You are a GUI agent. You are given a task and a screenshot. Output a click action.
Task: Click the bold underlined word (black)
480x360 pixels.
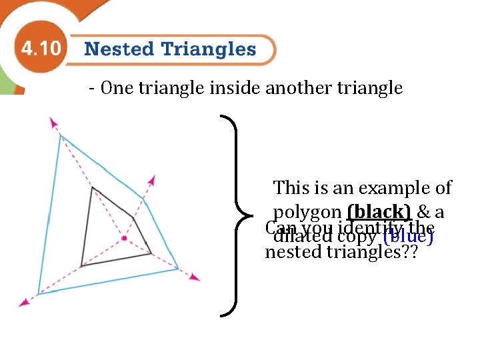pyautogui.click(x=379, y=212)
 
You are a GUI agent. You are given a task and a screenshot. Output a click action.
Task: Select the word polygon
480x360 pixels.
pyautogui.click(x=307, y=213)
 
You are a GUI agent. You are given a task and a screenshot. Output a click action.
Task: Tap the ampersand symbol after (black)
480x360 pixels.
pyautogui.click(x=423, y=212)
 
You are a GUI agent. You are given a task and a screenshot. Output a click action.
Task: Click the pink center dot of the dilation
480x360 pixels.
pyautogui.click(x=124, y=238)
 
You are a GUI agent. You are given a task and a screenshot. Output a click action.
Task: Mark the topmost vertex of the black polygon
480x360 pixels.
pyautogui.click(x=92, y=188)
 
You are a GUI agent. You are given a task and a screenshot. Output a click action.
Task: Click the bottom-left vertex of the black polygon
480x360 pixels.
pyautogui.click(x=81, y=266)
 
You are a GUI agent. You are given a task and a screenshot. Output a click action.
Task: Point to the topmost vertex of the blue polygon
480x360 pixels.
pyautogui.click(x=61, y=135)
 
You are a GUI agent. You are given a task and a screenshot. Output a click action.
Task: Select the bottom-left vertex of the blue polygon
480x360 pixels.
pyautogui.click(x=39, y=293)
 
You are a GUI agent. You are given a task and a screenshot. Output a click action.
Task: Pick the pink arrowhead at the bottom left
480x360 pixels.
pyautogui.click(x=25, y=303)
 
